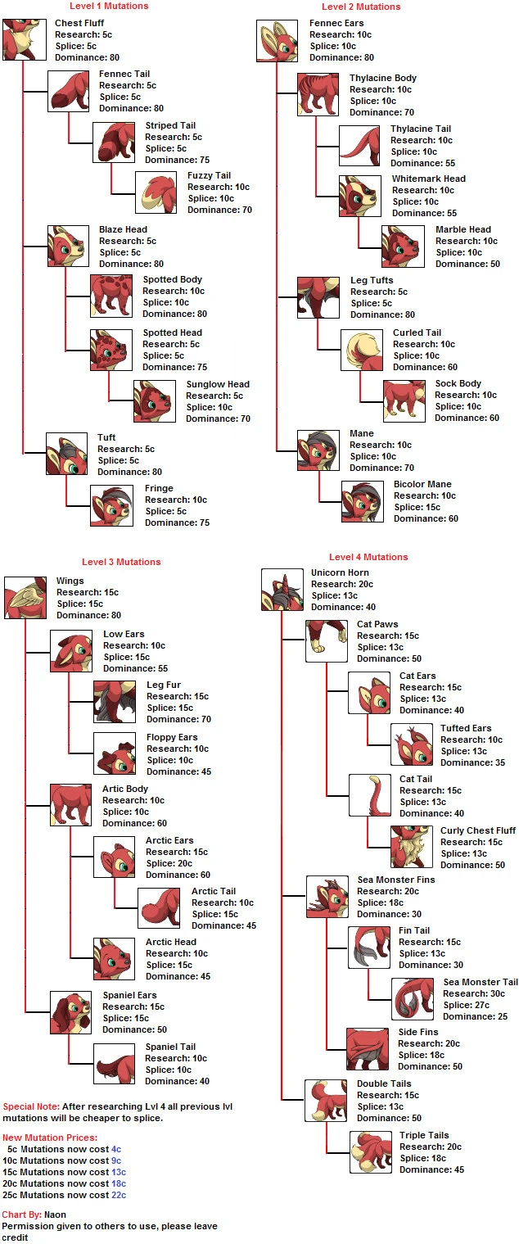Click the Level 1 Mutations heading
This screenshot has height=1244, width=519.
[x=109, y=7]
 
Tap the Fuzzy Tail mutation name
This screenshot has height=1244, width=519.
[x=209, y=175]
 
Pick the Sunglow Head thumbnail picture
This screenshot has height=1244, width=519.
[x=155, y=401]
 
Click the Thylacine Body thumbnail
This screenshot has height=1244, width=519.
[x=318, y=93]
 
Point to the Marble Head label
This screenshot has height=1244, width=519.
[x=463, y=229]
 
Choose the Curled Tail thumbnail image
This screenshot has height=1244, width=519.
[x=360, y=349]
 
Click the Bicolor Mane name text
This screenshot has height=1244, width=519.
[x=422, y=484]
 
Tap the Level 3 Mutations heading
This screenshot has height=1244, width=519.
[x=121, y=562]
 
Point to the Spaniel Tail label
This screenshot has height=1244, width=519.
[x=170, y=1047]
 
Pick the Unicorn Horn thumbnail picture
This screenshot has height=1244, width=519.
[x=282, y=590]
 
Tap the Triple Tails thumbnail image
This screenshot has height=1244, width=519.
[x=371, y=1151]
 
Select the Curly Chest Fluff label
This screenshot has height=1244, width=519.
[x=478, y=830]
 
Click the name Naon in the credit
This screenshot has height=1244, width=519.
[x=56, y=1214]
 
